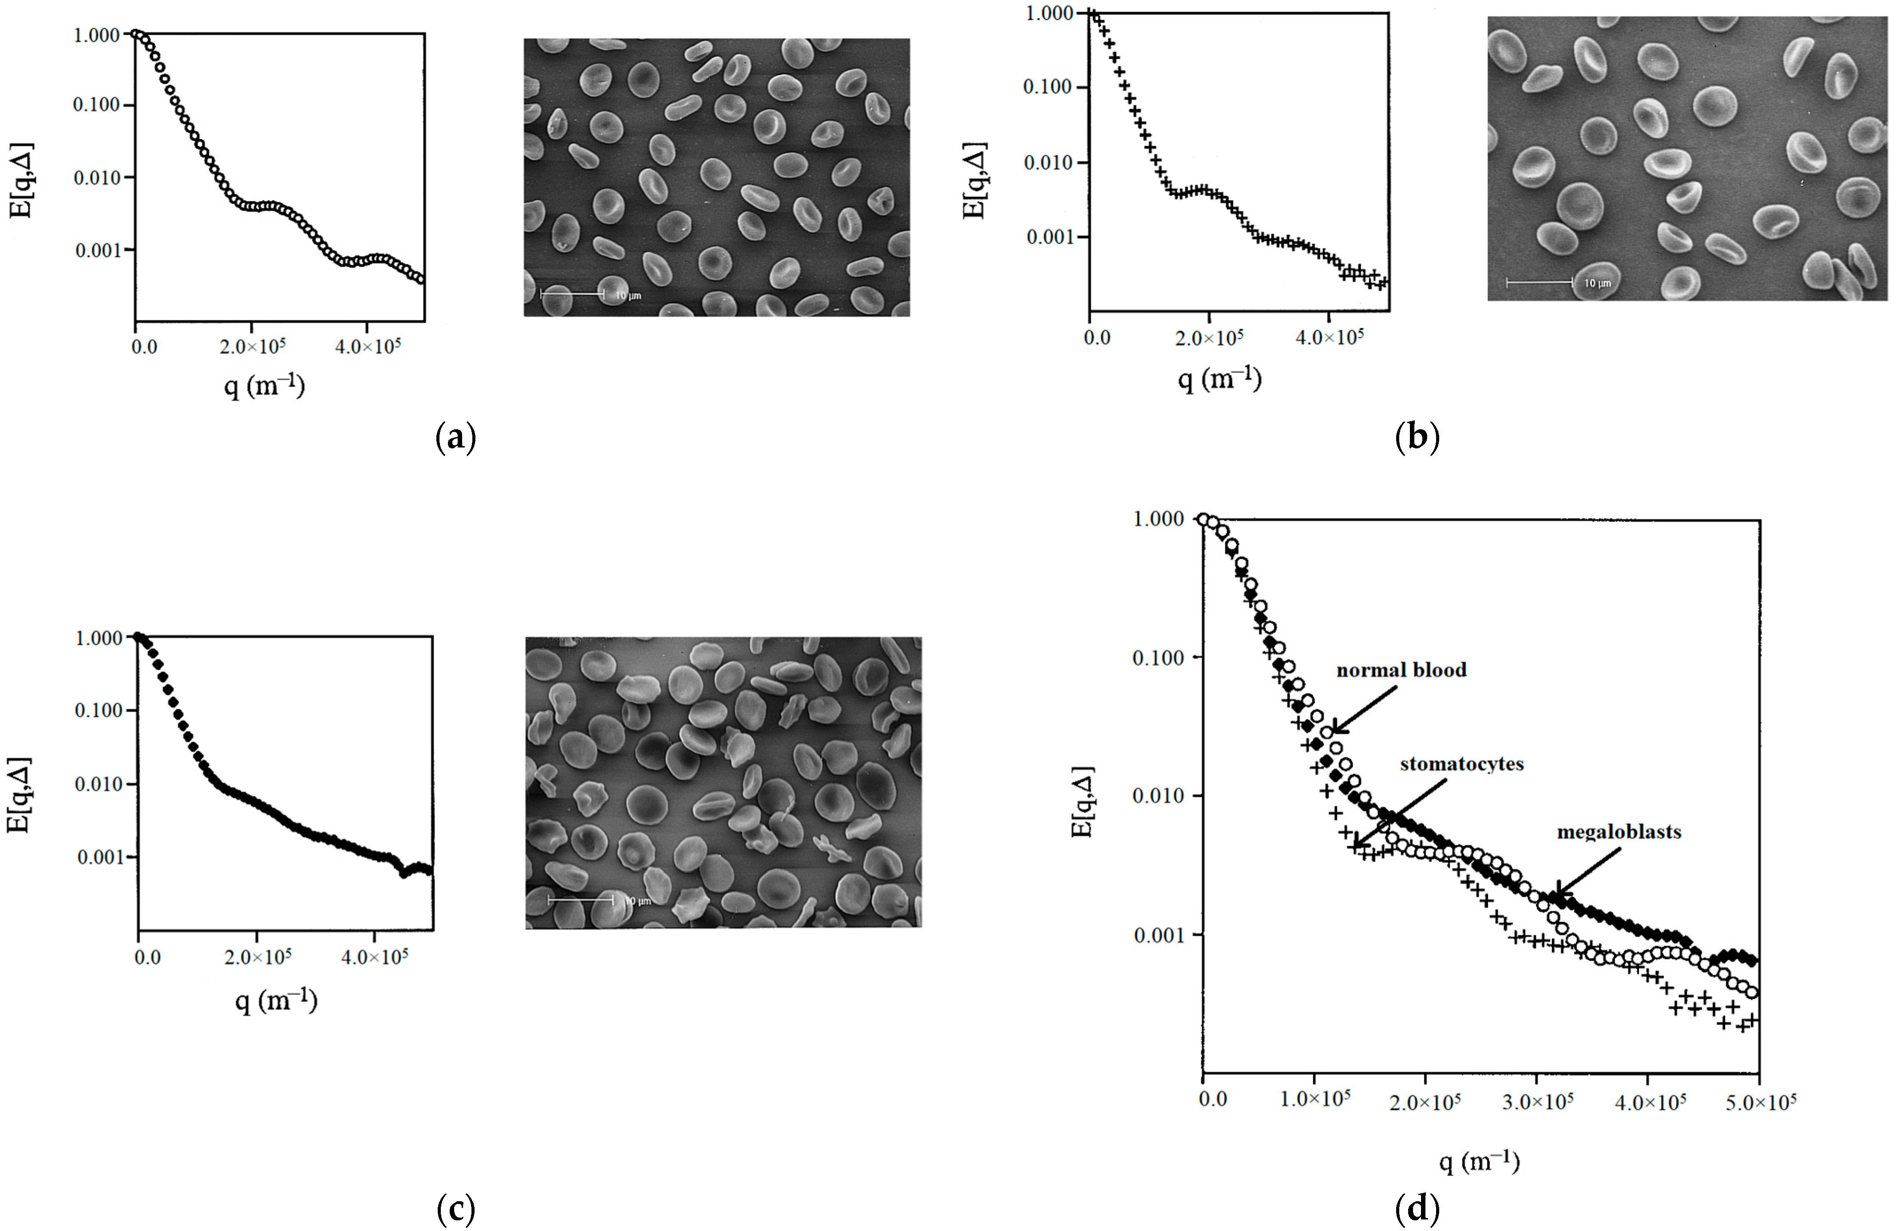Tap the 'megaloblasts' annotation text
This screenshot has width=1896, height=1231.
(x=1619, y=832)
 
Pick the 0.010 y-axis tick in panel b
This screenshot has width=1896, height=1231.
(x=1049, y=162)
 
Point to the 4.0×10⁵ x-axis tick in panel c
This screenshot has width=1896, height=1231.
(x=374, y=956)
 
